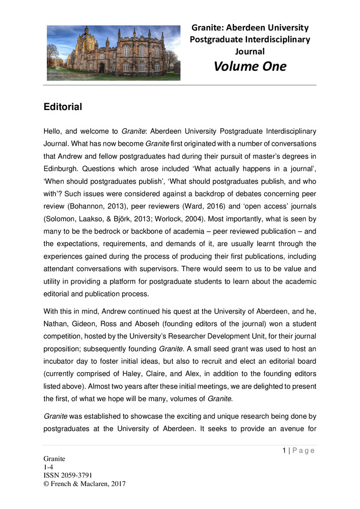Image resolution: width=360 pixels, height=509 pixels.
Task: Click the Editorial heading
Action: click(x=63, y=107)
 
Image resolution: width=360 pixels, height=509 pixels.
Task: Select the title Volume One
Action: click(x=250, y=67)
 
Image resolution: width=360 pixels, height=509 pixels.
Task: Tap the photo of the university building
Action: click(x=113, y=52)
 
